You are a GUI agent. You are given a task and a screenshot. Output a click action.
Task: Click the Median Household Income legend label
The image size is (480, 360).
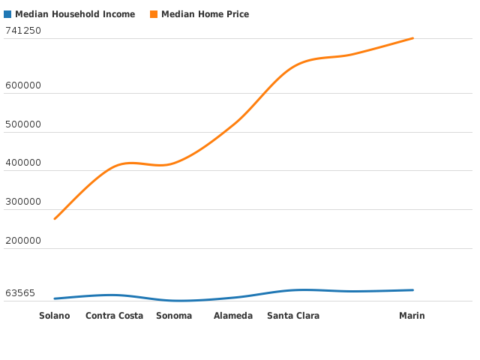75,14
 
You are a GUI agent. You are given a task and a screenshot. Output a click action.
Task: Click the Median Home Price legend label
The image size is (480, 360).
205,14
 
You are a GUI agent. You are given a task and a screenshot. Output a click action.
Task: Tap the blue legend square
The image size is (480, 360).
7,14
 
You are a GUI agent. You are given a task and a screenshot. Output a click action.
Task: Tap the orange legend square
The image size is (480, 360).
154,14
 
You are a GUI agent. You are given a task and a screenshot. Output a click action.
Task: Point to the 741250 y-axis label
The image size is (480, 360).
23,31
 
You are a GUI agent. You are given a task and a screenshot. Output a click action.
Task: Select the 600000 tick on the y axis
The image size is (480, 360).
23,85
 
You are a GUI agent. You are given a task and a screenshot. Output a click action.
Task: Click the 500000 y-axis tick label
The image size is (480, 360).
23,124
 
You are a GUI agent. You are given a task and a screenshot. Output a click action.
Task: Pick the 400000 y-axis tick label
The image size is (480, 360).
23,163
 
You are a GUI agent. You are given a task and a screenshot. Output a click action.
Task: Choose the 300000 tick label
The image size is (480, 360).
23,202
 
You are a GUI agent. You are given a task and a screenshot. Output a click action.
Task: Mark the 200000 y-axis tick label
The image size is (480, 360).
23,241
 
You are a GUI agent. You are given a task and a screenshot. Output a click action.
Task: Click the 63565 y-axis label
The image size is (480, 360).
20,293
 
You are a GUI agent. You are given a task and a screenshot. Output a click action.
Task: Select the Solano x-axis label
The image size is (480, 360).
55,316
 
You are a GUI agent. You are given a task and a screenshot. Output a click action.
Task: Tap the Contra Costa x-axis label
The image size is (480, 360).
114,316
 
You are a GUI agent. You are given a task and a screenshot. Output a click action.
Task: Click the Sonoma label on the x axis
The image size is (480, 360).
174,316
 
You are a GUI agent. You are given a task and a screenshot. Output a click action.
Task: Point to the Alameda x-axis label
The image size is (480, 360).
233,316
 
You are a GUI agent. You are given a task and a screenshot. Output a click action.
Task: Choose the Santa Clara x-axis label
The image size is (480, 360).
293,316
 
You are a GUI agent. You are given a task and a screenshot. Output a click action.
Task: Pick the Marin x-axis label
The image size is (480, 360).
412,316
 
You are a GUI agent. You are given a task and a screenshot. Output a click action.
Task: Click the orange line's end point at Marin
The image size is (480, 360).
412,38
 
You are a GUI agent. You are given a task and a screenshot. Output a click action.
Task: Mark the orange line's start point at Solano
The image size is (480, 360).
55,219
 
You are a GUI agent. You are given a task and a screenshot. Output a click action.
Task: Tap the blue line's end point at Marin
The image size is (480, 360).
412,290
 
